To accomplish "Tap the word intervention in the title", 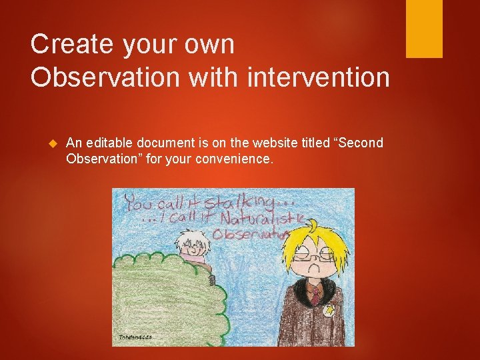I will [x=318, y=78].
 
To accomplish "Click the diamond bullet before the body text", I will [x=55, y=143].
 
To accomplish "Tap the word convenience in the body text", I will [x=233, y=160].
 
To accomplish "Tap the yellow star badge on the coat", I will [x=329, y=311].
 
